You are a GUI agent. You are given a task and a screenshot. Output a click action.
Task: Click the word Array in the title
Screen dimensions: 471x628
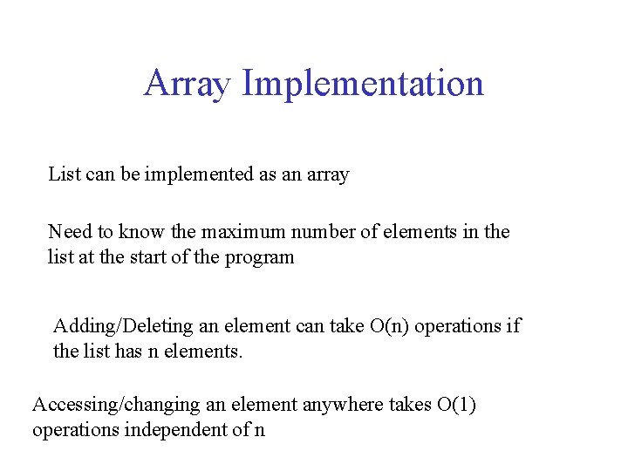click(188, 84)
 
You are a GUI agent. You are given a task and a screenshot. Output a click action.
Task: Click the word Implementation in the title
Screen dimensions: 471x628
click(363, 84)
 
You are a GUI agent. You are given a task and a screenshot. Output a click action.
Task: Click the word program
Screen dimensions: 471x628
click(262, 257)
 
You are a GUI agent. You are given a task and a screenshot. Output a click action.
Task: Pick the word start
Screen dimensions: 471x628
click(142, 257)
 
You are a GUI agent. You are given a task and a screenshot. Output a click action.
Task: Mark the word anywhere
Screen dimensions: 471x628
click(341, 405)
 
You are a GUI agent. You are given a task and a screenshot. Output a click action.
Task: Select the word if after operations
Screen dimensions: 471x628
click(514, 326)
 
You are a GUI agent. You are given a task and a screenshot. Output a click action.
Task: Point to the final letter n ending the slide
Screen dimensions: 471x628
click(259, 431)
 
